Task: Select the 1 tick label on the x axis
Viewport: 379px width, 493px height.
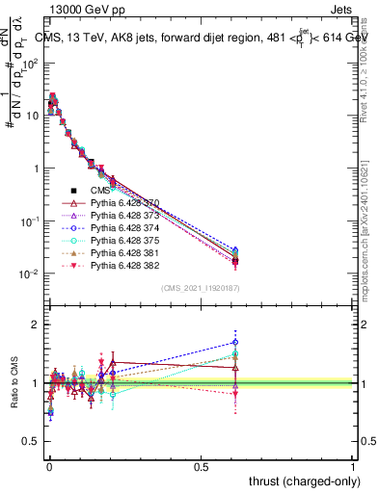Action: click(x=353, y=467)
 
